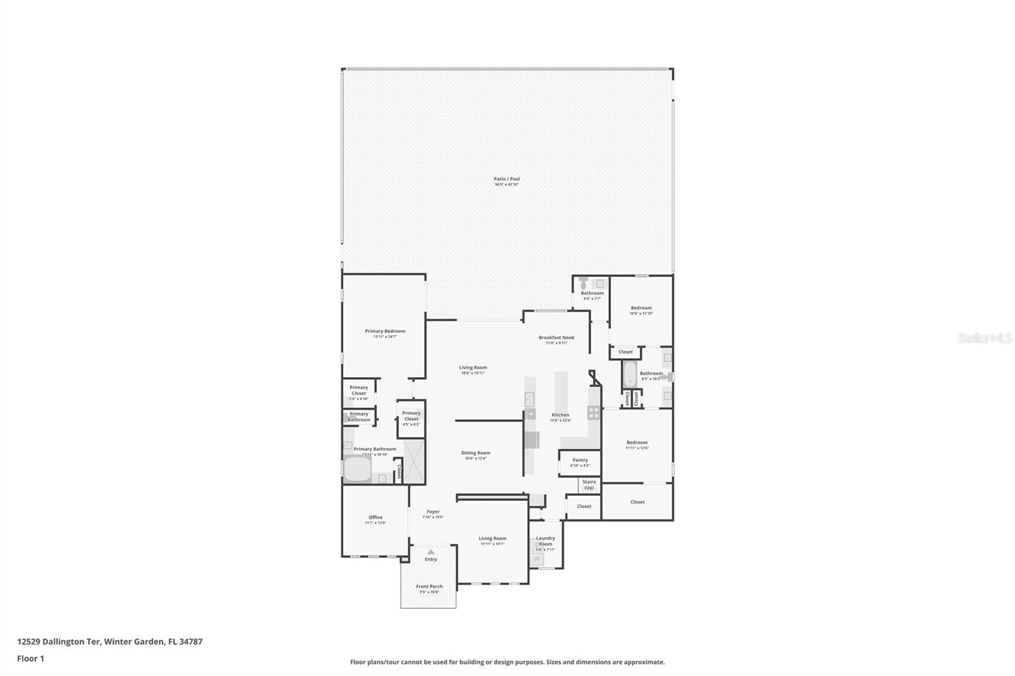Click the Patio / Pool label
506,179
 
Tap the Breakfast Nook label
556,338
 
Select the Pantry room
580,462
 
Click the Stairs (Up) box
589,485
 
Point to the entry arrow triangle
431,552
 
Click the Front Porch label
429,587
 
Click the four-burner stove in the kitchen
594,412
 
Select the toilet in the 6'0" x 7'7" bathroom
584,284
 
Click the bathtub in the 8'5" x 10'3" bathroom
629,375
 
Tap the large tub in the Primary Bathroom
357,470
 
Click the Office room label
376,517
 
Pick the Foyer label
433,512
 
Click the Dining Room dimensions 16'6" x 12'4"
475,458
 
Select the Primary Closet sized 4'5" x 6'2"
411,419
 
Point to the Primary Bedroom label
384,331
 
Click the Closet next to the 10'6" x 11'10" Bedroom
625,352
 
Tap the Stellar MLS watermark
985,338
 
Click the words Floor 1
30,659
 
